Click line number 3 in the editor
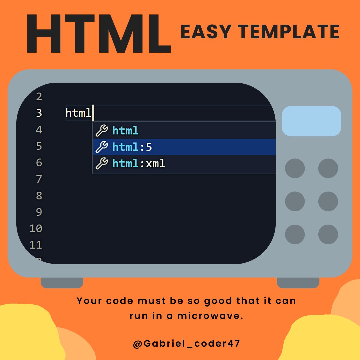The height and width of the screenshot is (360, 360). tap(39, 113)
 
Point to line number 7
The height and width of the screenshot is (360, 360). tap(39, 179)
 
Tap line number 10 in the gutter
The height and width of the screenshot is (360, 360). tap(36, 229)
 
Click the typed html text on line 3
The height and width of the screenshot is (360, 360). tap(78, 113)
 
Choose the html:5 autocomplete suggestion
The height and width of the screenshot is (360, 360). tap(132, 147)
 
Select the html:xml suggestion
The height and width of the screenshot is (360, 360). tap(139, 164)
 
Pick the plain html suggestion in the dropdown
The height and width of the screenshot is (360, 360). tap(125, 131)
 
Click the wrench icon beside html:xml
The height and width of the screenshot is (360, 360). tap(102, 164)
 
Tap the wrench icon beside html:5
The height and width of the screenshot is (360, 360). tap(102, 147)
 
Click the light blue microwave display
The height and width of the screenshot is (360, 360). tap(311, 121)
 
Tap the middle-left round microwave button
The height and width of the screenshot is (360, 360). tap(295, 201)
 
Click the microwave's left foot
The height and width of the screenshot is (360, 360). tap(62, 283)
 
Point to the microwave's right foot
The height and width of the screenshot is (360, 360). tap(298, 283)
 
